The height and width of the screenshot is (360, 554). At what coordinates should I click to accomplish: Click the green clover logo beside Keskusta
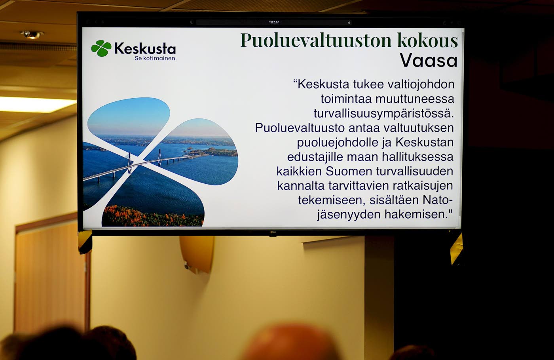[101, 48]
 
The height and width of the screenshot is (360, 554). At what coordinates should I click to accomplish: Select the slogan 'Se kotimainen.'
[156, 59]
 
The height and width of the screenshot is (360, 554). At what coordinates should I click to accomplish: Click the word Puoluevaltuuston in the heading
[316, 40]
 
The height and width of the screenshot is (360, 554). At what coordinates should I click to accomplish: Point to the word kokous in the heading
[428, 40]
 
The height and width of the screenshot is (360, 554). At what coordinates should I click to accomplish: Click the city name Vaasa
[429, 61]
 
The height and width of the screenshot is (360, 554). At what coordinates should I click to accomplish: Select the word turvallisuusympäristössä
[384, 113]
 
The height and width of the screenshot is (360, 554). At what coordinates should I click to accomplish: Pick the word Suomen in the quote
[349, 171]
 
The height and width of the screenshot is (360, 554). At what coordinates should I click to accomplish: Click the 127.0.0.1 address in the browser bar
[274, 22]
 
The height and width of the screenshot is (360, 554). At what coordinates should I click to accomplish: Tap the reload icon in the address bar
[349, 23]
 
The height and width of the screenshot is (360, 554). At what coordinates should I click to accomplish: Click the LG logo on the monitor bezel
[273, 232]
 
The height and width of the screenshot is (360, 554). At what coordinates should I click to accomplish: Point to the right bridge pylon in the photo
[160, 157]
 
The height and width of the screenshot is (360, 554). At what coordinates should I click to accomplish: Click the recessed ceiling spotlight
[32, 35]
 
